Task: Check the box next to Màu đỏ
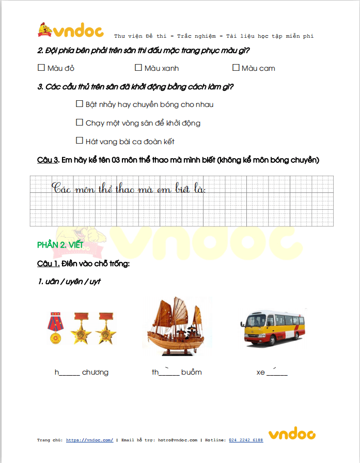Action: tap(41, 68)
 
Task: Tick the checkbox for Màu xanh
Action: tap(138, 68)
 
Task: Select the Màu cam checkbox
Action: tap(236, 68)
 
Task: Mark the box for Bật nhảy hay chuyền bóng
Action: tap(80, 104)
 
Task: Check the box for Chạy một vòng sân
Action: tap(80, 122)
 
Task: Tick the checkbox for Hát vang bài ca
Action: tap(80, 141)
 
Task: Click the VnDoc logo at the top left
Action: tap(71, 31)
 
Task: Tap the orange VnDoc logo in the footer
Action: tap(291, 435)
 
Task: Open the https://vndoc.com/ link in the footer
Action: tap(90, 440)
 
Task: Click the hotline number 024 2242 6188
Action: tap(246, 440)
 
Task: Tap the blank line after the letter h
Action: tap(70, 374)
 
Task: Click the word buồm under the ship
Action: tap(191, 372)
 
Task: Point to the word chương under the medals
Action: tap(95, 373)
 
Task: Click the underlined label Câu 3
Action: tap(48, 160)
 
